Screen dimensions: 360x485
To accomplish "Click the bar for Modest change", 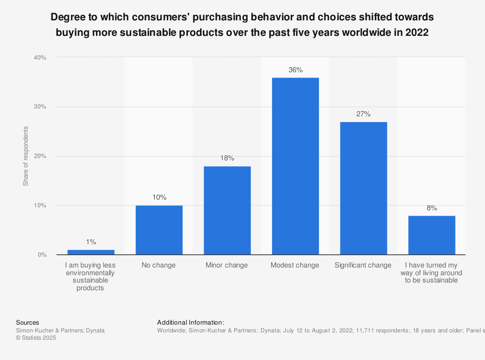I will (295, 166).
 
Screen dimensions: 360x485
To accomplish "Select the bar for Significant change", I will (363, 188).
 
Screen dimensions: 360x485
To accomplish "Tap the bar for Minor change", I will (227, 210).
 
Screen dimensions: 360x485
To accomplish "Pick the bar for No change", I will (159, 230).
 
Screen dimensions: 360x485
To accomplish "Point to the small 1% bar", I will (91, 252).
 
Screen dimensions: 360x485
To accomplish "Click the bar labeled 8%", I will (432, 235).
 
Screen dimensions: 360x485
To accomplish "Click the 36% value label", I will (295, 70).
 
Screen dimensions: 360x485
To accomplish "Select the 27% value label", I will (363, 114).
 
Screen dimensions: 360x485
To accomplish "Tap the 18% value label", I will (227, 158).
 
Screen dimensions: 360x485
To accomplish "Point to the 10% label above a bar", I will (159, 197).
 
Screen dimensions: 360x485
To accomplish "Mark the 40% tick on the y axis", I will (40, 58).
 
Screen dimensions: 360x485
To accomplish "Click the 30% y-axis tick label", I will (40, 107).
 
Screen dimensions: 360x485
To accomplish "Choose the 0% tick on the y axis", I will (41, 255).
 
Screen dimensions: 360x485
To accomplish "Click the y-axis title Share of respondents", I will (26, 156).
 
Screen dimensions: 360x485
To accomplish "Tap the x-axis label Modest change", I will (295, 265).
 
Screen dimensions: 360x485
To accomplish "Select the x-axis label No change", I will (159, 265).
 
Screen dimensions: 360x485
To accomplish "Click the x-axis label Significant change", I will (363, 265).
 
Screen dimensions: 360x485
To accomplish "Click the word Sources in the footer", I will (28, 322).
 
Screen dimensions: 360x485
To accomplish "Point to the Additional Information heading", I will (191, 322).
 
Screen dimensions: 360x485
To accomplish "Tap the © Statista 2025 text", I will (36, 338).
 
